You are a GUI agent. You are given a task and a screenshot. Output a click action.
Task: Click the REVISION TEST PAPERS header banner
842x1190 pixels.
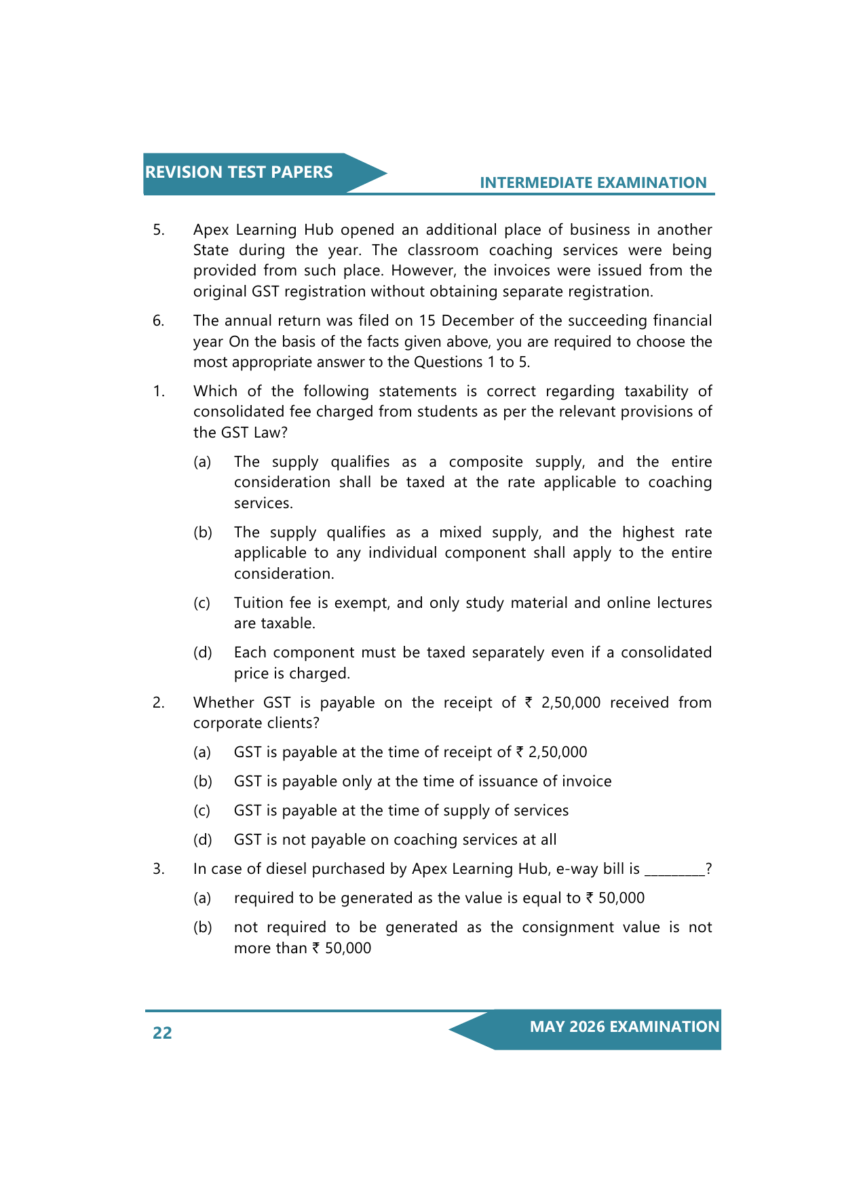click(239, 172)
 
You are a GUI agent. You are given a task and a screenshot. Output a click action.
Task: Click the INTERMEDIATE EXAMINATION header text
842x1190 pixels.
click(593, 183)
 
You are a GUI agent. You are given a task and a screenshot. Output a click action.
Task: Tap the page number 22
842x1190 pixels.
click(162, 1033)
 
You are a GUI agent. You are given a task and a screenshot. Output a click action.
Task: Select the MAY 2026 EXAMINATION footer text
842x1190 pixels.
click(624, 1026)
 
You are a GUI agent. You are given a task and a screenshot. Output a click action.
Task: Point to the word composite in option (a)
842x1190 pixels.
click(485, 462)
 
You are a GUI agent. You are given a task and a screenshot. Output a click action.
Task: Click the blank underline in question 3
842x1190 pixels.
click(674, 871)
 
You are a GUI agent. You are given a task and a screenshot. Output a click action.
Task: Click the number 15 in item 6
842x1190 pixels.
click(427, 320)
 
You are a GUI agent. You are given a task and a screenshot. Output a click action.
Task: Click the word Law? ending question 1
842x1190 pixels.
click(271, 433)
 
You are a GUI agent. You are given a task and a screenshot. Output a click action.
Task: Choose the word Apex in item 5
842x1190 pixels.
click(210, 230)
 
